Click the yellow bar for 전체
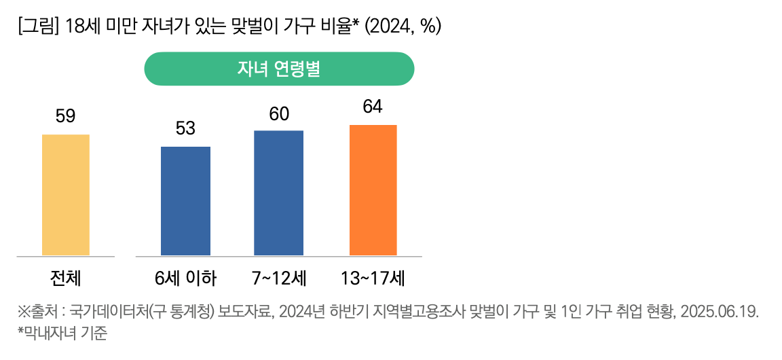tap(66, 195)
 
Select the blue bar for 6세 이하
tap(185, 201)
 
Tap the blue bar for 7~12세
tap(278, 193)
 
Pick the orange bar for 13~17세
tap(373, 190)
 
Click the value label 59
tap(65, 117)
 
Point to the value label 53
tap(185, 128)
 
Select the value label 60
tap(279, 113)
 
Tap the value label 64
tap(373, 107)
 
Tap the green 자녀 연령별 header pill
tap(279, 69)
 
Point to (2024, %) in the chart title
tap(403, 26)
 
